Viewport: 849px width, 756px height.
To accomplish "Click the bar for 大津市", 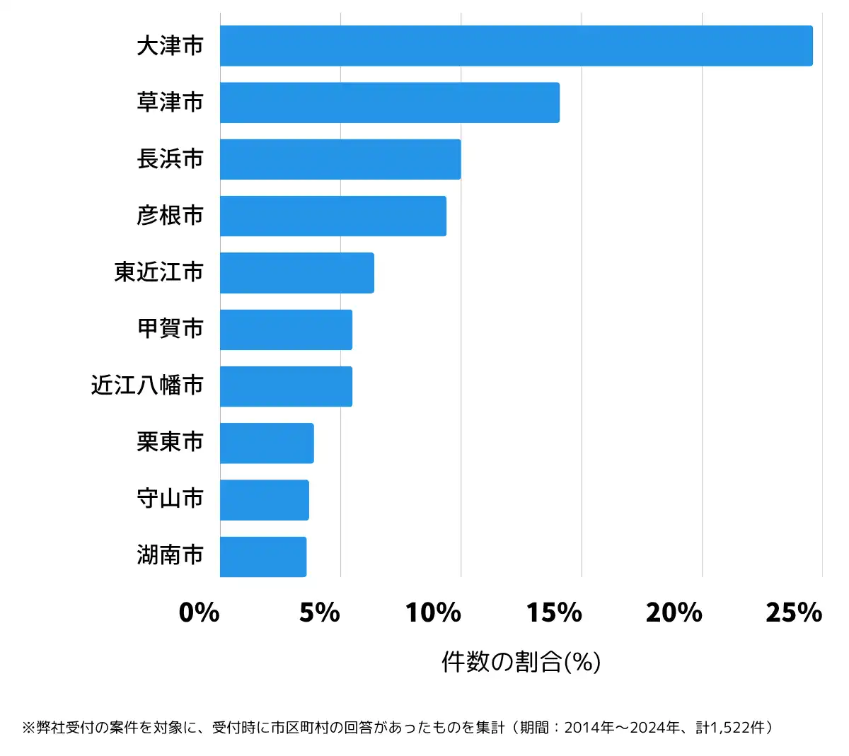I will pos(516,46).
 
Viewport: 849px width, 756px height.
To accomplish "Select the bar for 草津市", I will pos(390,103).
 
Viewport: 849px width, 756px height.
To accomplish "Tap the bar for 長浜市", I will pos(340,159).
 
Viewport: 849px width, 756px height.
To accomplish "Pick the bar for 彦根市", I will pos(333,216).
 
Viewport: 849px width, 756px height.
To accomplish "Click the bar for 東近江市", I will pos(297,272).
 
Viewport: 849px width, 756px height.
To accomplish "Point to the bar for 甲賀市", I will pos(286,330).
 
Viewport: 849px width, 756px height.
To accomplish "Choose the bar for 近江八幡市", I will pos(286,386).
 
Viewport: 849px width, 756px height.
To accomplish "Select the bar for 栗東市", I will pos(267,443).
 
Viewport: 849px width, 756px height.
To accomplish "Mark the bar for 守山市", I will pos(265,499).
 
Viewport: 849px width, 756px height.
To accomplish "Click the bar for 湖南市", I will pos(263,557).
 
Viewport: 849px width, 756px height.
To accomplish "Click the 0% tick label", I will pos(200,612).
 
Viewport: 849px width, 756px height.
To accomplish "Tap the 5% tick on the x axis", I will pos(320,612).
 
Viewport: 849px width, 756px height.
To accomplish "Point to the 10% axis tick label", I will pos(433,612).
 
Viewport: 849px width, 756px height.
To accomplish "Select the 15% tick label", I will pos(554,612).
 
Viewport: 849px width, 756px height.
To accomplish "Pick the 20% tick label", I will pos(674,612).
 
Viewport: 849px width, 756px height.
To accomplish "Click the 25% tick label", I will pos(795,612).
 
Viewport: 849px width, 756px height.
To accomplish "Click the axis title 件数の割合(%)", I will pos(521,662).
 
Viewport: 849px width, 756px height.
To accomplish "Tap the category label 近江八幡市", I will pos(147,385).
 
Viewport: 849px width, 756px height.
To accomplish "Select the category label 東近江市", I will pos(158,272).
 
